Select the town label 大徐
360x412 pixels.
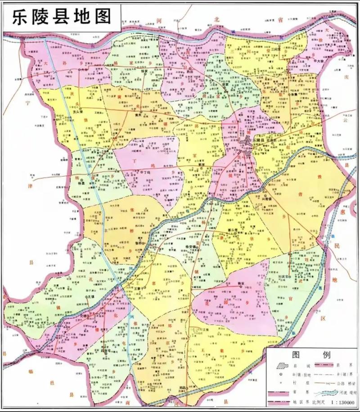pos(320,61)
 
